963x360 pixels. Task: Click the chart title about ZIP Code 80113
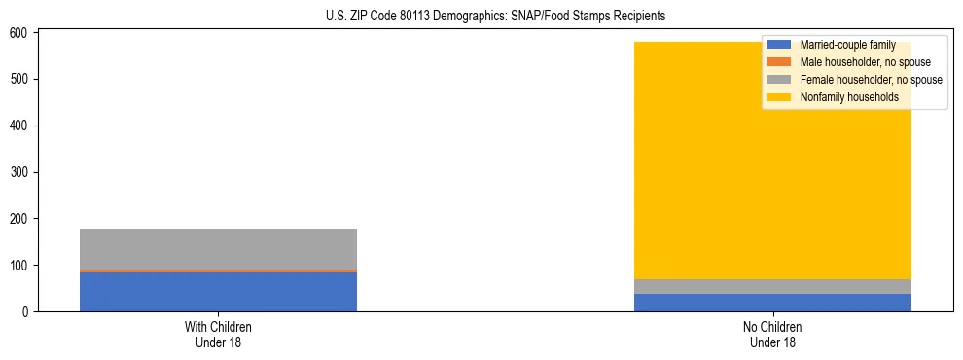point(481,17)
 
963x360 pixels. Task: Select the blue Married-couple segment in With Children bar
point(218,292)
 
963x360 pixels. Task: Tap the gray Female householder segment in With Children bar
point(218,249)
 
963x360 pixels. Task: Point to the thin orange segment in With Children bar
point(218,271)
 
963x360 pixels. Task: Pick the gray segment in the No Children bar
point(772,287)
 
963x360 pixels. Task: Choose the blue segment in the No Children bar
point(772,303)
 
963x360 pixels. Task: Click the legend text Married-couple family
point(847,45)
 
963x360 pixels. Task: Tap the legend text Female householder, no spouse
point(871,80)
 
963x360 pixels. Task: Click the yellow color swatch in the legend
point(779,97)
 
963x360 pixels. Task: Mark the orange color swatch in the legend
point(779,62)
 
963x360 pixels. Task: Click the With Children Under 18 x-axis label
point(218,334)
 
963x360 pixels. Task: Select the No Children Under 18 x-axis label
point(772,334)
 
